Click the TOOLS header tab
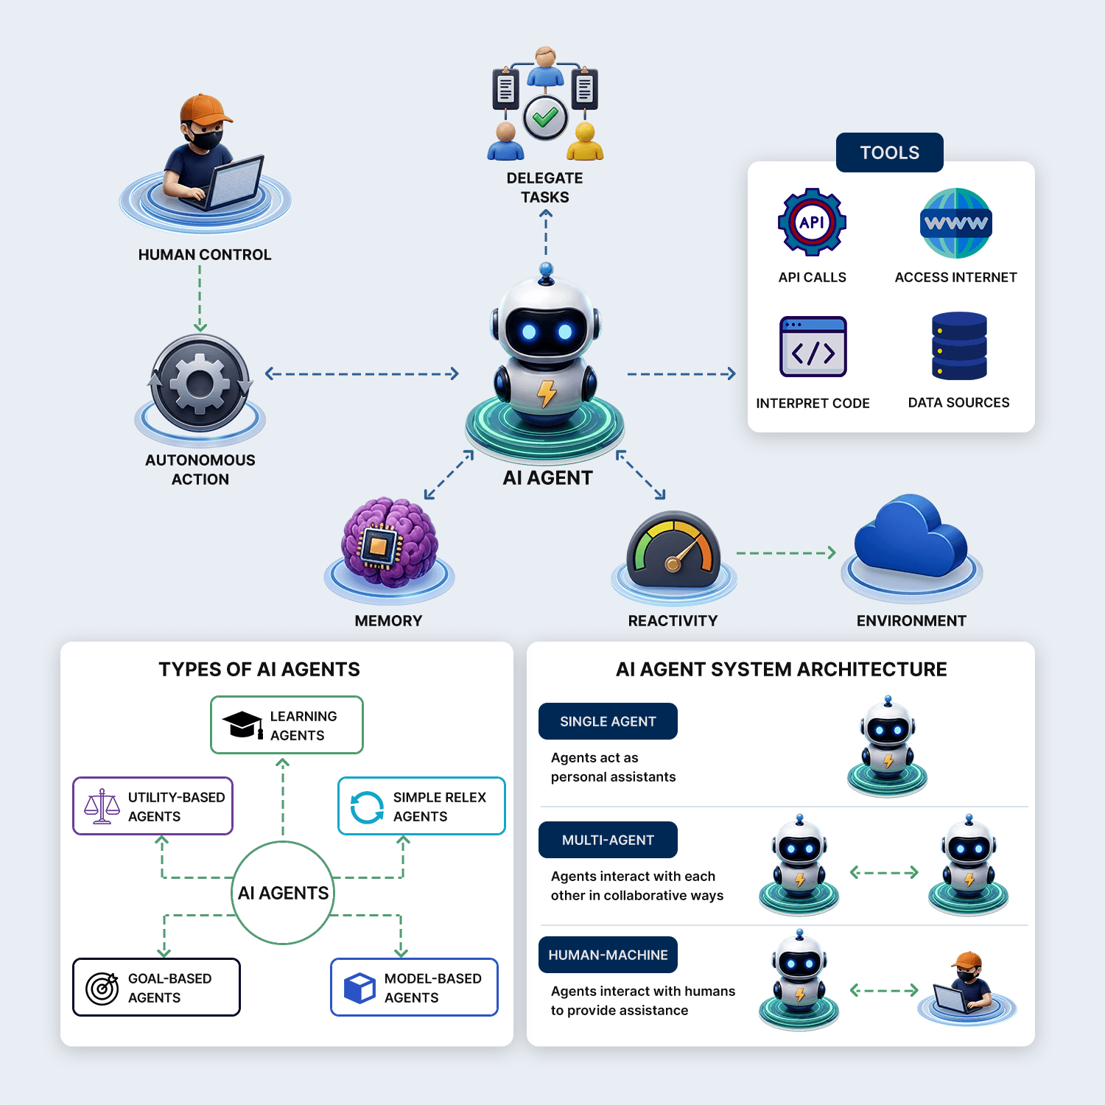pos(889,152)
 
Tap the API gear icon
pos(812,222)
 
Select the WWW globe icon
pos(956,223)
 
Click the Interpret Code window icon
pos(813,347)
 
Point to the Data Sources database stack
pos(959,346)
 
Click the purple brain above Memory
pos(390,542)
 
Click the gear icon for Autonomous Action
pos(200,383)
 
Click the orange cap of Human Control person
pos(205,110)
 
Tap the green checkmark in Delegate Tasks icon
pos(545,117)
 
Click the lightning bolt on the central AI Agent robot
pos(547,393)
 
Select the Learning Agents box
pos(287,725)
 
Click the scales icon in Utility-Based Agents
pos(102,807)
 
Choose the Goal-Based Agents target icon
pos(102,988)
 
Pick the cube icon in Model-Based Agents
pos(359,988)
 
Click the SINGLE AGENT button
pos(608,721)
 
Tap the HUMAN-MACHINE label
pos(608,955)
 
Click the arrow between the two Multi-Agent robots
pos(884,872)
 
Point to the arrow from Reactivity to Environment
pos(786,552)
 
